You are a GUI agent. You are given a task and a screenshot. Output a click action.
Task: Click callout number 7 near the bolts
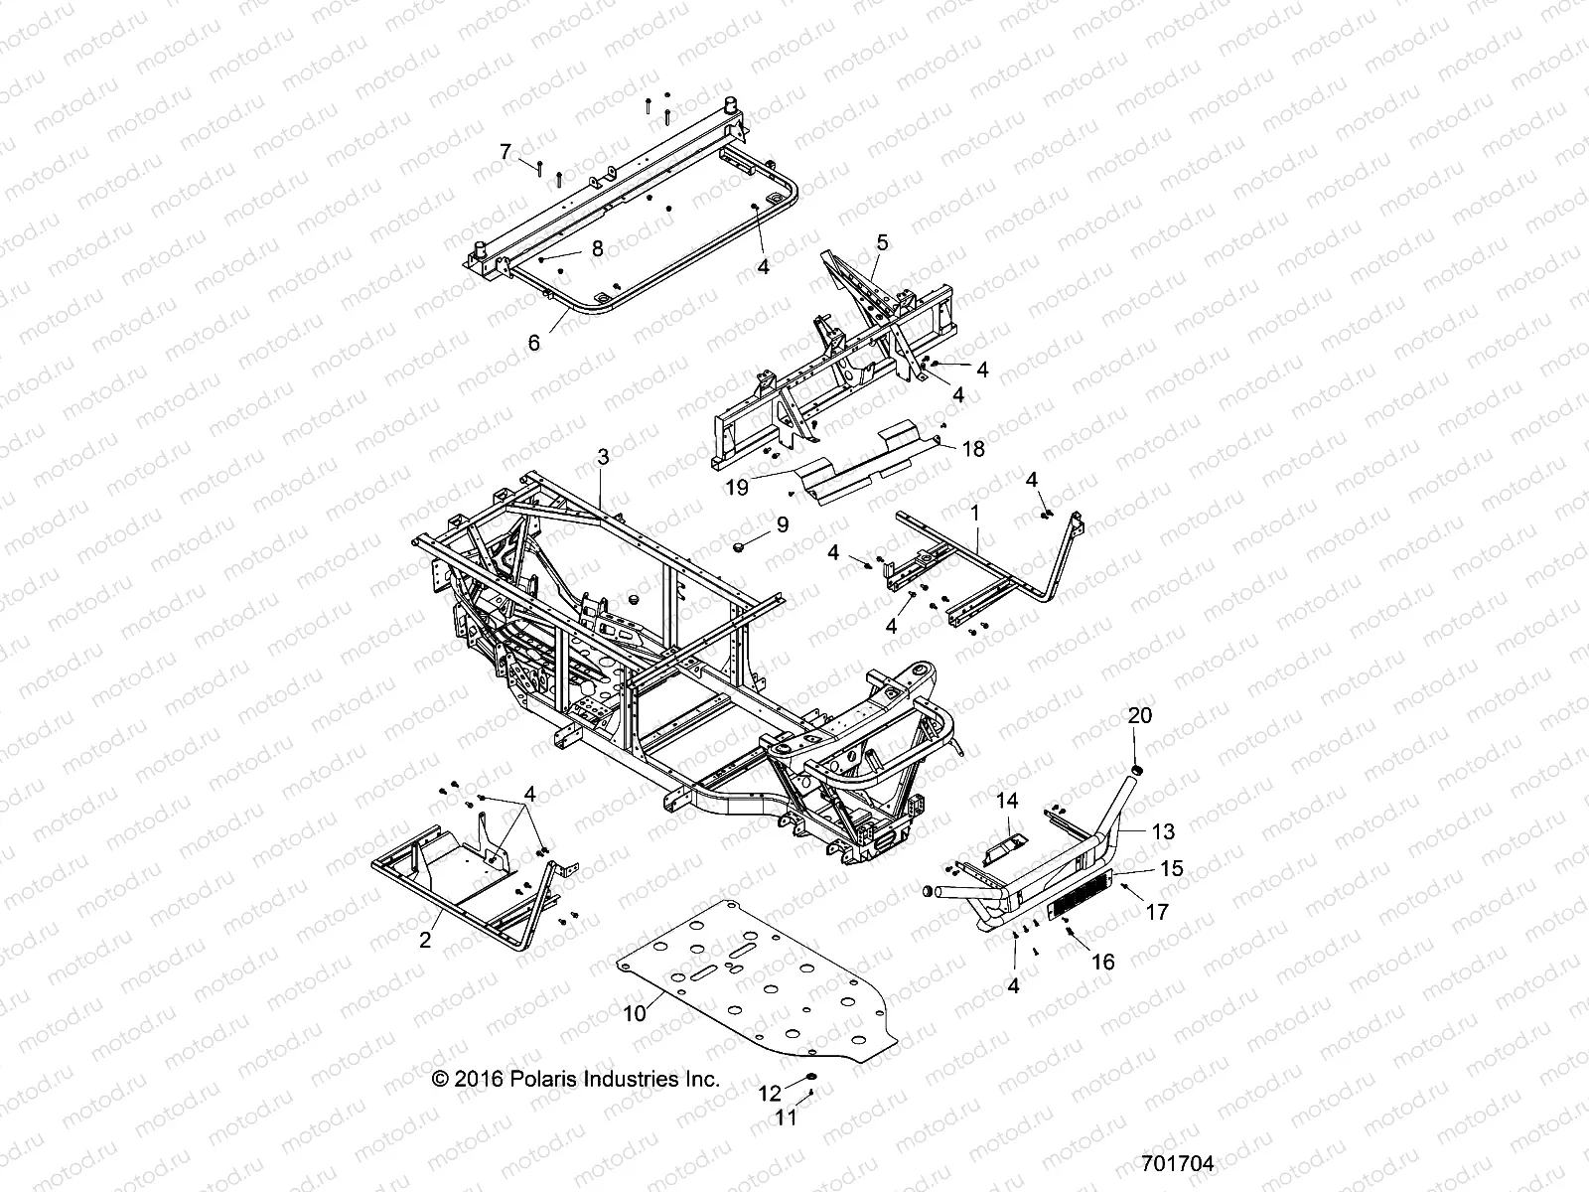point(506,152)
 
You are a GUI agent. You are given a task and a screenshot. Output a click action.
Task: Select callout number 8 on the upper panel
point(597,248)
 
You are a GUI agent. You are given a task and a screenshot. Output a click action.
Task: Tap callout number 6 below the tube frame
point(534,343)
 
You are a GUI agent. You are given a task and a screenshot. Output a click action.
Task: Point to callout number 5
point(882,241)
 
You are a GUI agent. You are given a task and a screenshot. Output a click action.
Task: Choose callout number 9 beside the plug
point(783,523)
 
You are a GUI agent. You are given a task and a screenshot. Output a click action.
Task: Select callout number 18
point(973,449)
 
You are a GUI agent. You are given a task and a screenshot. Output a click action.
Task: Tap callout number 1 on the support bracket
point(975,514)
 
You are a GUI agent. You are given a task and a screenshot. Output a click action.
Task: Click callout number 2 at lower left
point(425,940)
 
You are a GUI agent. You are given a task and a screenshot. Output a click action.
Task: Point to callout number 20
point(1139,716)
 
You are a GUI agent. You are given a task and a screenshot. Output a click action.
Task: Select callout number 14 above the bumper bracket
point(1008,800)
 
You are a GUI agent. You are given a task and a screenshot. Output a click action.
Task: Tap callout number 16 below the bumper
point(1102,962)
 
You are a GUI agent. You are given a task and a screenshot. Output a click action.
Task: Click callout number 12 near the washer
point(771,1095)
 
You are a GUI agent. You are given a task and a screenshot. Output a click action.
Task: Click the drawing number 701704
point(1177,1163)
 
